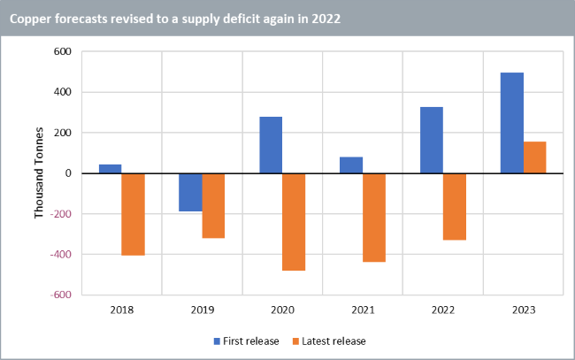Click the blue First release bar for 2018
point(110,169)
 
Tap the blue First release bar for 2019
point(190,192)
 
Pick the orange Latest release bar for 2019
point(213,205)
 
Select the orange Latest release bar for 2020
point(294,221)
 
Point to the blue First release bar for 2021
point(351,165)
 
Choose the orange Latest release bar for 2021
point(374,218)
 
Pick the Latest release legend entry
point(333,341)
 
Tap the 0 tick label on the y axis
point(66,173)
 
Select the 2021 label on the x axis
point(363,311)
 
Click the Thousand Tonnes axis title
point(39,173)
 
